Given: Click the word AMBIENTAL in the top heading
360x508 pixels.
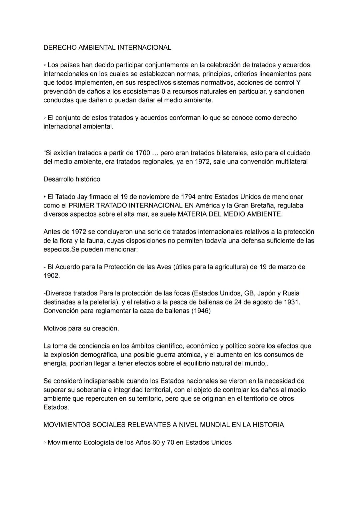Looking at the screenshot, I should tap(98, 48).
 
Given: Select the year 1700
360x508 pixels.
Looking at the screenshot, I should tap(143, 153).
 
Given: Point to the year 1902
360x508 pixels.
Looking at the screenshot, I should tap(51, 276).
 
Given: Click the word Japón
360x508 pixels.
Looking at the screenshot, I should tap(268, 293).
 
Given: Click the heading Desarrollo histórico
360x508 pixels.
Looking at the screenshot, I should tap(72, 179).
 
